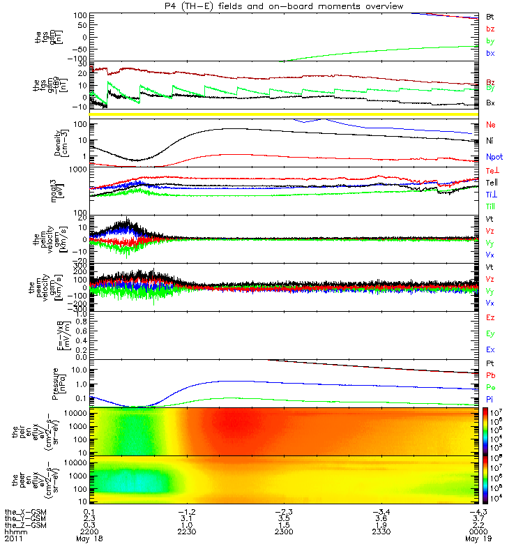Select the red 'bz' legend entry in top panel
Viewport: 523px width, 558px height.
(491, 29)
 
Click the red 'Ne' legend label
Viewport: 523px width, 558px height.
(491, 125)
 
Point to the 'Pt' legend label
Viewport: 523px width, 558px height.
(490, 364)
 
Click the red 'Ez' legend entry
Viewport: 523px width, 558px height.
(491, 317)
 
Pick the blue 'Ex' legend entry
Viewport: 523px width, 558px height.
(491, 349)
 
